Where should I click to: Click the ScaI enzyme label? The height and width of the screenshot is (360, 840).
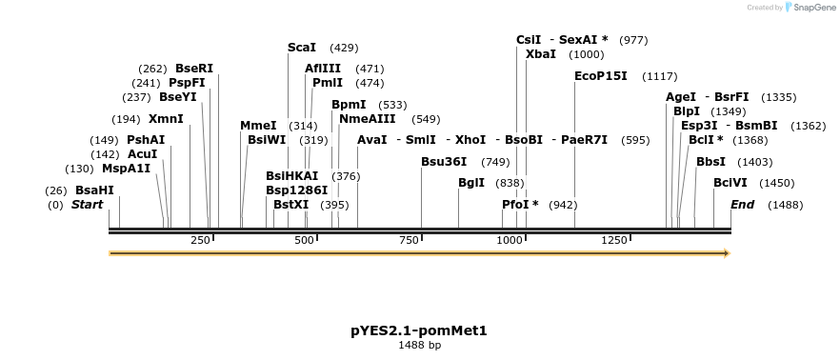point(302,48)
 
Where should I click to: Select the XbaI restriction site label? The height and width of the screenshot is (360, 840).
point(541,54)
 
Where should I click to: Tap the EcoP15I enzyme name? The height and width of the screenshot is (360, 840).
point(601,76)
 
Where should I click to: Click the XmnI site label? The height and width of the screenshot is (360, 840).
point(166,119)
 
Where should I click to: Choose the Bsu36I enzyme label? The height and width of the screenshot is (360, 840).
point(444,162)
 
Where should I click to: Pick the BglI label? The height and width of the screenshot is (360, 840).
point(471,183)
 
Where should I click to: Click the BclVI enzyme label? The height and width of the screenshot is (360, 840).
point(730,183)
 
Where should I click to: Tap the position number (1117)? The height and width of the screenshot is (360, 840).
point(660,76)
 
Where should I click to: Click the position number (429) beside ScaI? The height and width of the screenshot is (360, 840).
point(344,48)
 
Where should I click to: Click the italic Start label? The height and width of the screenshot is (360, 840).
point(87,205)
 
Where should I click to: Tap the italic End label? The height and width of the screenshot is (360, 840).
point(742,205)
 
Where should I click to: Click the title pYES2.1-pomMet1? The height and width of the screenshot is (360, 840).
point(419,330)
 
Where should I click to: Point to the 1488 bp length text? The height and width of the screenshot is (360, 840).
point(419,345)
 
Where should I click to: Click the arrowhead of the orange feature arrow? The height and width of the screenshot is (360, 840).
point(727,253)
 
